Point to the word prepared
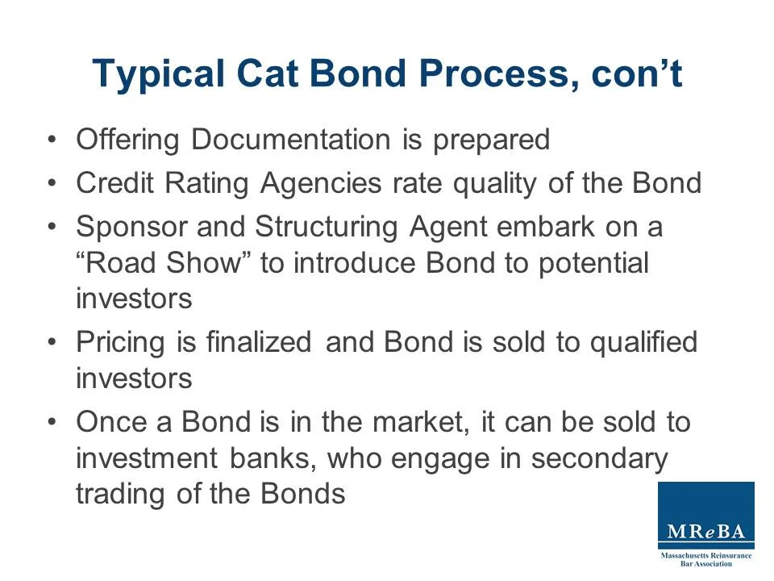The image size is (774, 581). pos(491,140)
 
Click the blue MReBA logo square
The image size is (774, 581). pos(706,516)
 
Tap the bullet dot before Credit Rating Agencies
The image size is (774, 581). pos(53,184)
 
